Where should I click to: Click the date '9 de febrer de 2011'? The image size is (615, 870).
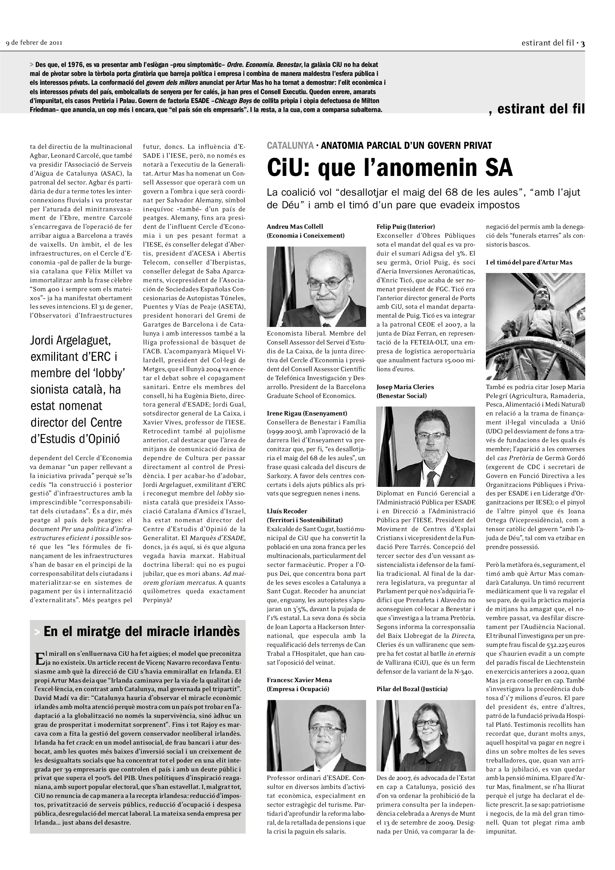34,42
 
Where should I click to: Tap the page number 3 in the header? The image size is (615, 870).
583,44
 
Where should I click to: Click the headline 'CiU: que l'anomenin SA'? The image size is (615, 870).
390,167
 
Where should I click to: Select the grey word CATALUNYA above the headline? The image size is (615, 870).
290,145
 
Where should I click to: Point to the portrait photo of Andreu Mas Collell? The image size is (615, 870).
316,286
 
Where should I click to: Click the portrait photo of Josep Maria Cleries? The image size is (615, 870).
426,446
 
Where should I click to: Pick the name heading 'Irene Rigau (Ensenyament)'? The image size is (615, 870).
307,413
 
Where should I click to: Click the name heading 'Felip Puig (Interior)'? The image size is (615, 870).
406,227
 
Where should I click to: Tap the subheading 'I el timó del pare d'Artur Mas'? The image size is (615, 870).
529,262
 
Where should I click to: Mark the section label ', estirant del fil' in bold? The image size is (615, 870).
536,109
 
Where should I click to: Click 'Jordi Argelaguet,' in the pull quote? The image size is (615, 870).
70,341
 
